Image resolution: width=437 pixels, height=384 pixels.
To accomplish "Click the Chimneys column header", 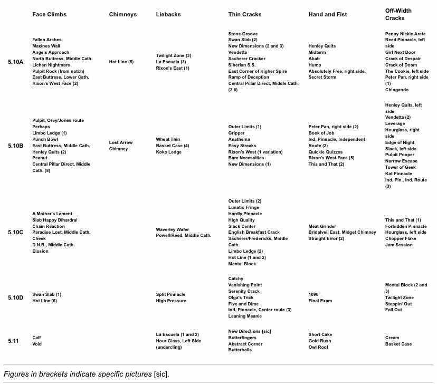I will coord(122,14).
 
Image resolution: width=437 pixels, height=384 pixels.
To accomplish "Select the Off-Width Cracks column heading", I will coord(398,14).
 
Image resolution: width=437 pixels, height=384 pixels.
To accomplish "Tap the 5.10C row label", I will coord(16,233).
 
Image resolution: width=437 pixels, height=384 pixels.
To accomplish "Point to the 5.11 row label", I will coord(13,341).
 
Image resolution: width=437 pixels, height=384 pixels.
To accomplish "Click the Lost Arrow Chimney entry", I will coord(121,146).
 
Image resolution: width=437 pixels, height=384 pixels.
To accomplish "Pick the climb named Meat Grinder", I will coord(322,226).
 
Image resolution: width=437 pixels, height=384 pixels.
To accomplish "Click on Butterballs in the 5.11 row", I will coord(240,350).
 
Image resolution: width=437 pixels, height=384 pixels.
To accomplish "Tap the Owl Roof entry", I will coord(318,347).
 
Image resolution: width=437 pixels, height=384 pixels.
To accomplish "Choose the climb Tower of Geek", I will coord(401,167).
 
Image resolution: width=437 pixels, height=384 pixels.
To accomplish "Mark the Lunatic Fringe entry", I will coord(243,207).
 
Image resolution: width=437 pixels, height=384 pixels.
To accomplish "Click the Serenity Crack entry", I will coord(244,291).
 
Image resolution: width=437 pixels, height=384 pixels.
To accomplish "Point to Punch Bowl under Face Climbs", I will coord(45,139).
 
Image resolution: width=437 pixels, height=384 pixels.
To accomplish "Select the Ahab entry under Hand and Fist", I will coord(314,59).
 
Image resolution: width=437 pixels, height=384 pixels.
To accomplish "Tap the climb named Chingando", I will coord(397,90).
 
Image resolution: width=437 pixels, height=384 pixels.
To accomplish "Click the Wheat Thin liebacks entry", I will coord(168,139).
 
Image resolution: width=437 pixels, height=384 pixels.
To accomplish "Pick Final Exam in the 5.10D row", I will coord(320,301).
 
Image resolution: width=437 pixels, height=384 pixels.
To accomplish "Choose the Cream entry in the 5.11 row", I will coord(392,338).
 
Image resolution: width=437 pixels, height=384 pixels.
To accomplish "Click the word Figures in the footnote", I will coord(17,374).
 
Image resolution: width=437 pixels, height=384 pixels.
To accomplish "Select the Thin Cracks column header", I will coord(245,14).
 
